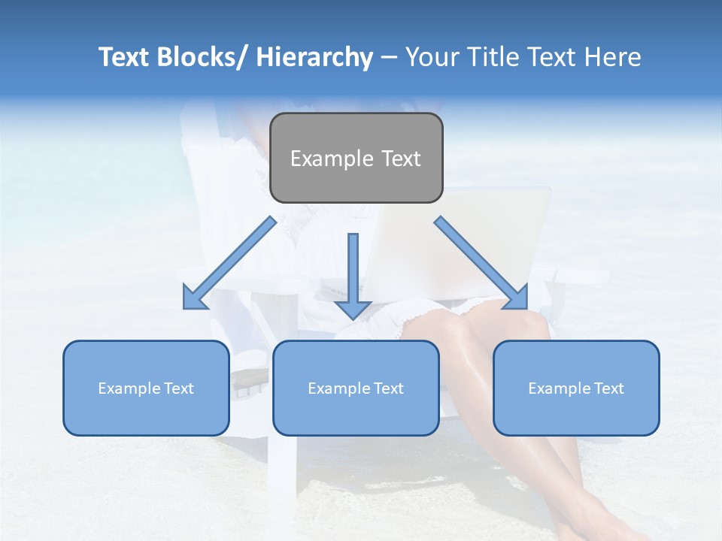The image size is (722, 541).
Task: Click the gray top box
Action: coord(356,158)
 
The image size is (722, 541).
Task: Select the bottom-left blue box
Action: coord(146,388)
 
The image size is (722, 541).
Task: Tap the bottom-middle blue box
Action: coord(356,388)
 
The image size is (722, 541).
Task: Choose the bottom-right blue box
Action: coord(576,388)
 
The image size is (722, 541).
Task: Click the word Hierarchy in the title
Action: coord(314,57)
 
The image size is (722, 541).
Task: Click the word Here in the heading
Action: coord(614,57)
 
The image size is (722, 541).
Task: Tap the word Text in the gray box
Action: coord(400,159)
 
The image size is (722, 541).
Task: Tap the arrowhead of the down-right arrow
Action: coord(517,298)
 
